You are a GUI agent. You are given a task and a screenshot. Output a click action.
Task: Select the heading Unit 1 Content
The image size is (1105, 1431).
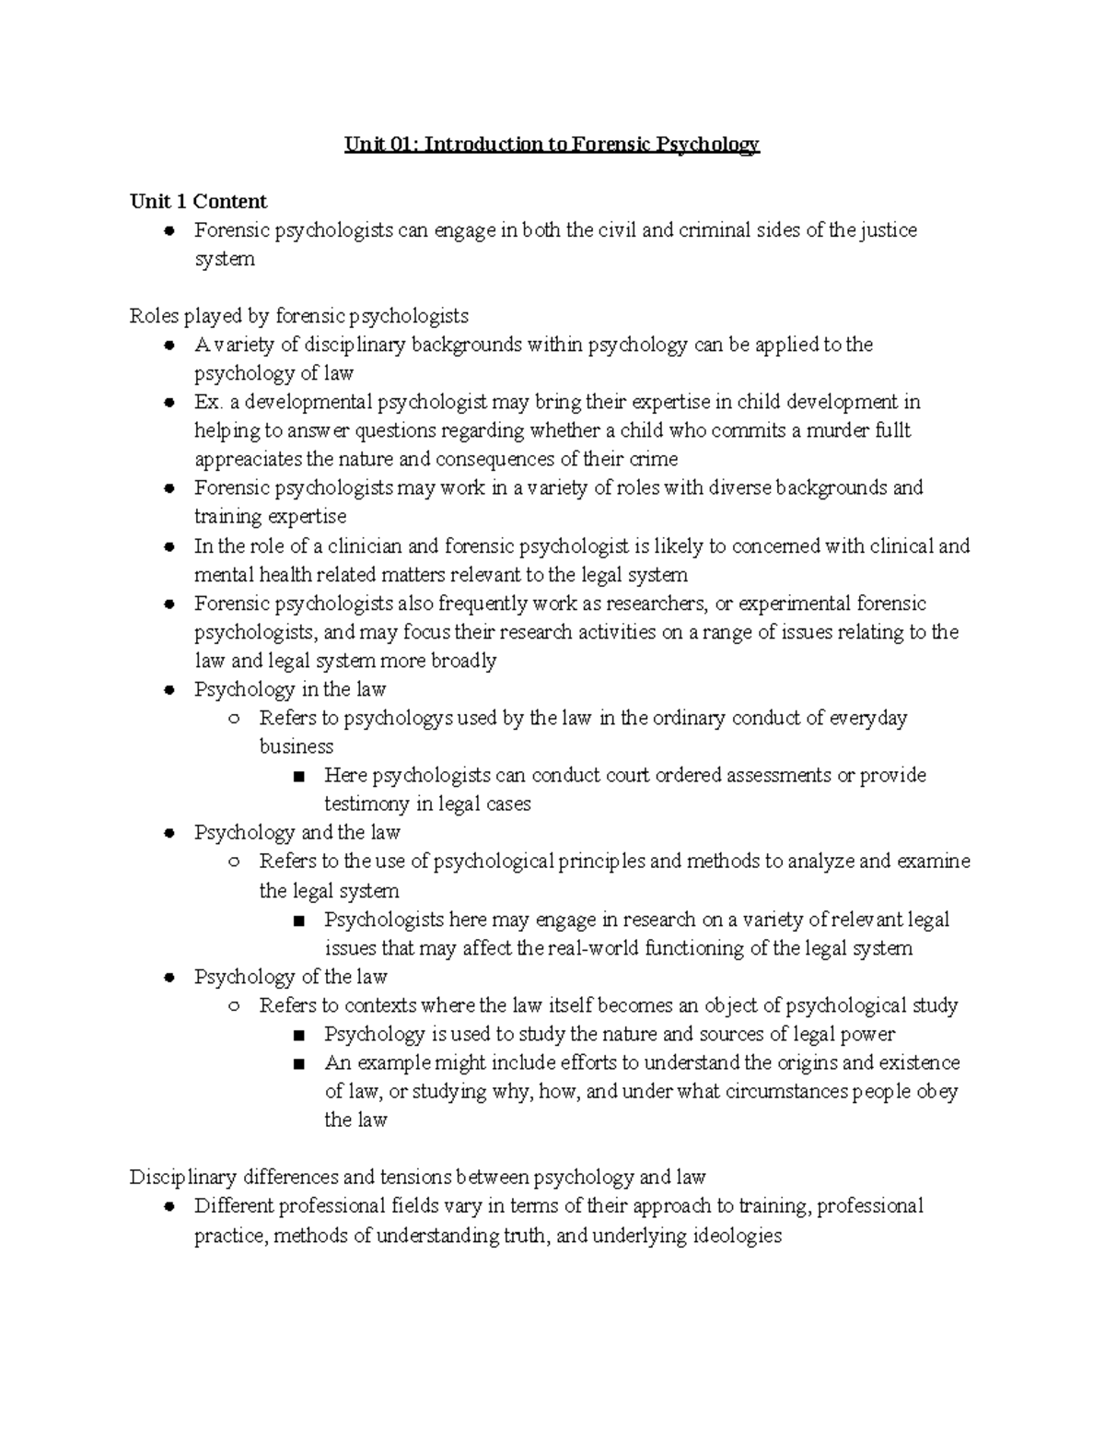tap(198, 202)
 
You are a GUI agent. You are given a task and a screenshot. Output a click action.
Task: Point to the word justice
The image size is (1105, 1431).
tap(889, 230)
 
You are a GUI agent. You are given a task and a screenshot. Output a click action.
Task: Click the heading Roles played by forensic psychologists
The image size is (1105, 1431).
tap(299, 316)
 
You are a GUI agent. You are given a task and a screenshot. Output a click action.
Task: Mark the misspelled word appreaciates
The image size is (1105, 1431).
tap(249, 459)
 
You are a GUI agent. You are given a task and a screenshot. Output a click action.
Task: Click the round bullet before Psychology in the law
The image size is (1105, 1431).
tap(169, 690)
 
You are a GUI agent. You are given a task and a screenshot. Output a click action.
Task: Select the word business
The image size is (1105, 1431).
tap(296, 746)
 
